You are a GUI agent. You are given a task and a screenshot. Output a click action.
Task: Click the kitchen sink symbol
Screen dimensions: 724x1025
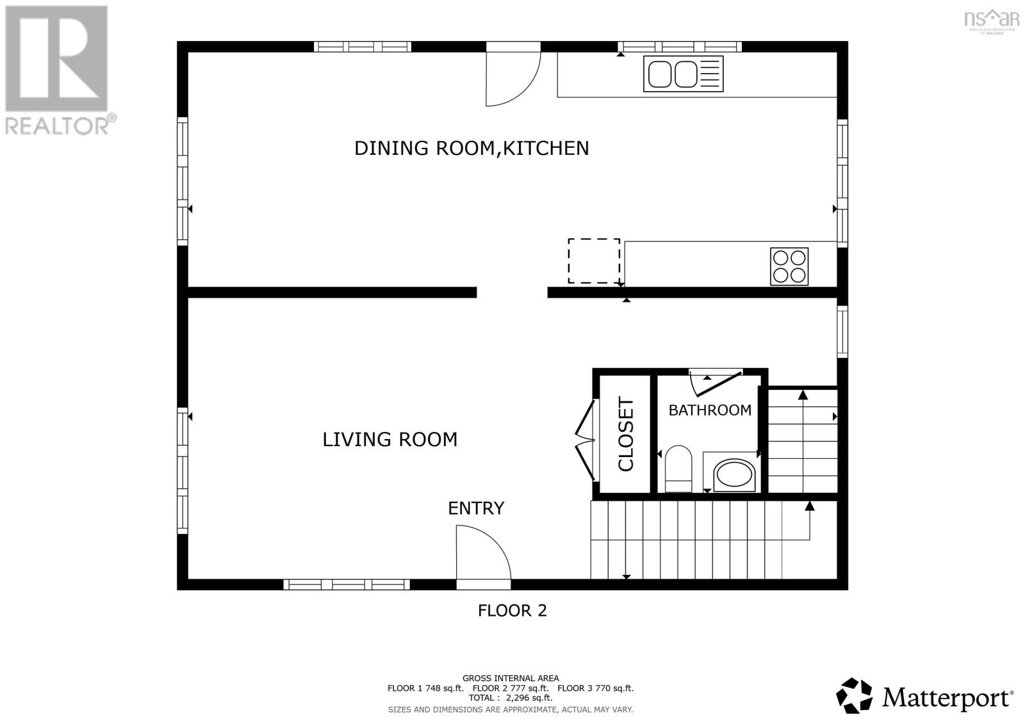pos(683,74)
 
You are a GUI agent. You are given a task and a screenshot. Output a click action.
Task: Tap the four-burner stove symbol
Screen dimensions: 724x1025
pos(789,266)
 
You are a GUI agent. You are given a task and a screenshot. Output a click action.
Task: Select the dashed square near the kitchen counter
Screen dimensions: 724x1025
pos(594,261)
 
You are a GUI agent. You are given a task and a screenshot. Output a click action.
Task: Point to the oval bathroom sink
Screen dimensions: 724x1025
pos(734,474)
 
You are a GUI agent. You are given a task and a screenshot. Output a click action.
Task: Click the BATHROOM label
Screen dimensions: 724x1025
pos(710,410)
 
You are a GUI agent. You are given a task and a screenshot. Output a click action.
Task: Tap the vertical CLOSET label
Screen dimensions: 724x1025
pos(625,434)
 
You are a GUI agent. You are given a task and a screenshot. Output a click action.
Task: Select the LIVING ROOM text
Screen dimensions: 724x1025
pos(389,439)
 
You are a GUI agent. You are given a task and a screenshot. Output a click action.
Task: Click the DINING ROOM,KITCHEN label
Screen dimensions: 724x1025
pos(471,148)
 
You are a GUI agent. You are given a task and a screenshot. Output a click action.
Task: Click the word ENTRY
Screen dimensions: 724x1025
pos(475,508)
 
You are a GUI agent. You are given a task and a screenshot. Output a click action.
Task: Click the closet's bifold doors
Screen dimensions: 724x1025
pos(584,439)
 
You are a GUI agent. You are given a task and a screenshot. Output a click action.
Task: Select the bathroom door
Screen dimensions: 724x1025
pos(716,382)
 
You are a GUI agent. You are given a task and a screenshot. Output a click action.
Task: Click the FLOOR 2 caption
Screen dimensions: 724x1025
pos(512,611)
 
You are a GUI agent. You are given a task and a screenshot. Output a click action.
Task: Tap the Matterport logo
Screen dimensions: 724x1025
pos(924,696)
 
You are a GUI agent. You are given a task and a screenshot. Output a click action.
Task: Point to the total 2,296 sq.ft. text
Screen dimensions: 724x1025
pos(510,698)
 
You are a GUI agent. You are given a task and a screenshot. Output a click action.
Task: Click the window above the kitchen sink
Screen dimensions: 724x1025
pos(680,46)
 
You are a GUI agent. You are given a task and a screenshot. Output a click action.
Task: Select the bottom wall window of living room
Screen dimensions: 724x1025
pos(347,584)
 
